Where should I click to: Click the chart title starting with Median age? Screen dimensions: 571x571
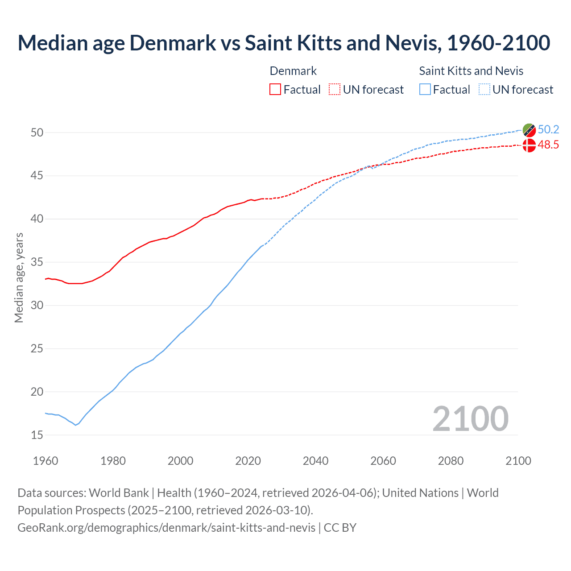coord(284,43)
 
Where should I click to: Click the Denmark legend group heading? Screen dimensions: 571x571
coord(293,71)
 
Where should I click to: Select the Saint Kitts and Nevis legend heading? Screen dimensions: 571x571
coord(471,71)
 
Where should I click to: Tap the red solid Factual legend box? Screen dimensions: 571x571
coord(275,90)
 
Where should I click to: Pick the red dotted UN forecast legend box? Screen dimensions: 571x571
coord(335,90)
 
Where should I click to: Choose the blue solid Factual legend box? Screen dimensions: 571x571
coord(425,90)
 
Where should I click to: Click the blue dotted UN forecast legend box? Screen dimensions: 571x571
coord(484,90)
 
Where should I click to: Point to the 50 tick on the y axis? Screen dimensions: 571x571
coord(37,132)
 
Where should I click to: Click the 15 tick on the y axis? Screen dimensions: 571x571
coord(37,435)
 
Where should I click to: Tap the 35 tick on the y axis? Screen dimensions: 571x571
coord(37,262)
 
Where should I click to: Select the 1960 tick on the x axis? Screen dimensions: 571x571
coord(46,461)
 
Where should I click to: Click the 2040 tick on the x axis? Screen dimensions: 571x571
coord(315,461)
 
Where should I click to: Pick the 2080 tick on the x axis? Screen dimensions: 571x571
coord(451,461)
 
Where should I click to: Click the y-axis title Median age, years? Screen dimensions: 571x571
coord(19,277)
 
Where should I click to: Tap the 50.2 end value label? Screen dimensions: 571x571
coord(548,130)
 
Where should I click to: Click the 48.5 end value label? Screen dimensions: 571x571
coord(548,145)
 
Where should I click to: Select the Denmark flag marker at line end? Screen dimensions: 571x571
coord(529,145)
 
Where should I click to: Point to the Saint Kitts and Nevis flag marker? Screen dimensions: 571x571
coord(529,130)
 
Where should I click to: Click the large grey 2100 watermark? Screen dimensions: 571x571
coord(470,419)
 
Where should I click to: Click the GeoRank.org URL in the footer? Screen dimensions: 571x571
coord(166,528)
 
